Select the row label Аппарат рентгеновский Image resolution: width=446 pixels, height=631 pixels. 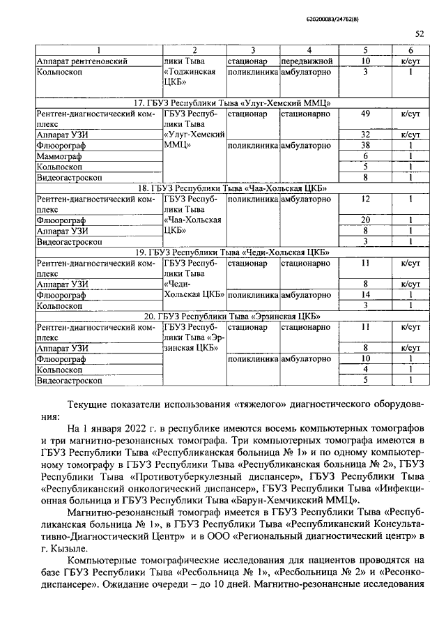82,61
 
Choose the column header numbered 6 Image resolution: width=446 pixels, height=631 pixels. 410,50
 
